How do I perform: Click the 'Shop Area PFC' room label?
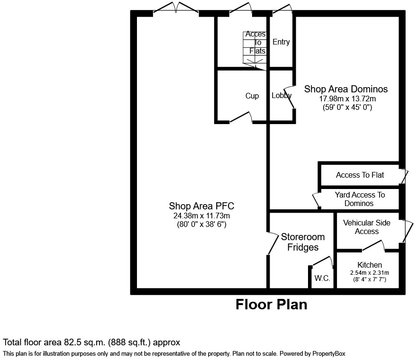pos(201,206)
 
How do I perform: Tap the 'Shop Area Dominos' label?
pos(345,89)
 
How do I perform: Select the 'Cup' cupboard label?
pos(252,96)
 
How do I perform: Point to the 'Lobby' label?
pos(281,96)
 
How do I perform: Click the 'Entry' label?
pos(281,42)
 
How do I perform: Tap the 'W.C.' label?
pos(322,279)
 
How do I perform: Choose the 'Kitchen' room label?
pos(370,265)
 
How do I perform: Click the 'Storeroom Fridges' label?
pos(303,242)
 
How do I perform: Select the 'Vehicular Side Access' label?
pos(367,227)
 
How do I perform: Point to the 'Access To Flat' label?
pos(360,175)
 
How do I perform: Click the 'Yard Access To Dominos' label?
pos(360,199)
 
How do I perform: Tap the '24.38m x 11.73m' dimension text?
pos(201,216)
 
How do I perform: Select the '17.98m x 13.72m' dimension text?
pos(347,99)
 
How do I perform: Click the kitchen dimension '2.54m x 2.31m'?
pos(370,272)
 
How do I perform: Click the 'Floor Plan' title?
pos(271,305)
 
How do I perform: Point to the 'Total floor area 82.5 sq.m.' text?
pos(91,342)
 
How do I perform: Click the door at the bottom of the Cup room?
pos(241,118)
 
